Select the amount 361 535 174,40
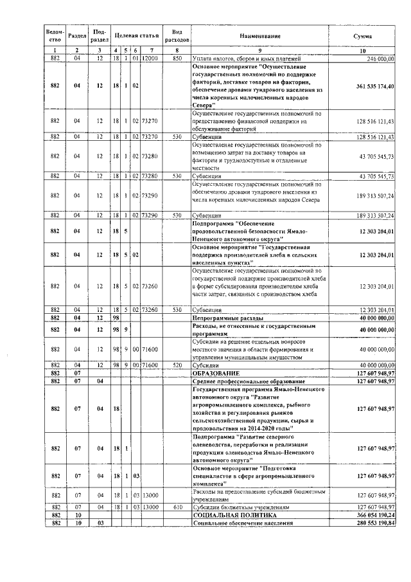371,86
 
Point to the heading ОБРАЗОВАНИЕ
220,373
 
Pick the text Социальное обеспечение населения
243,523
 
